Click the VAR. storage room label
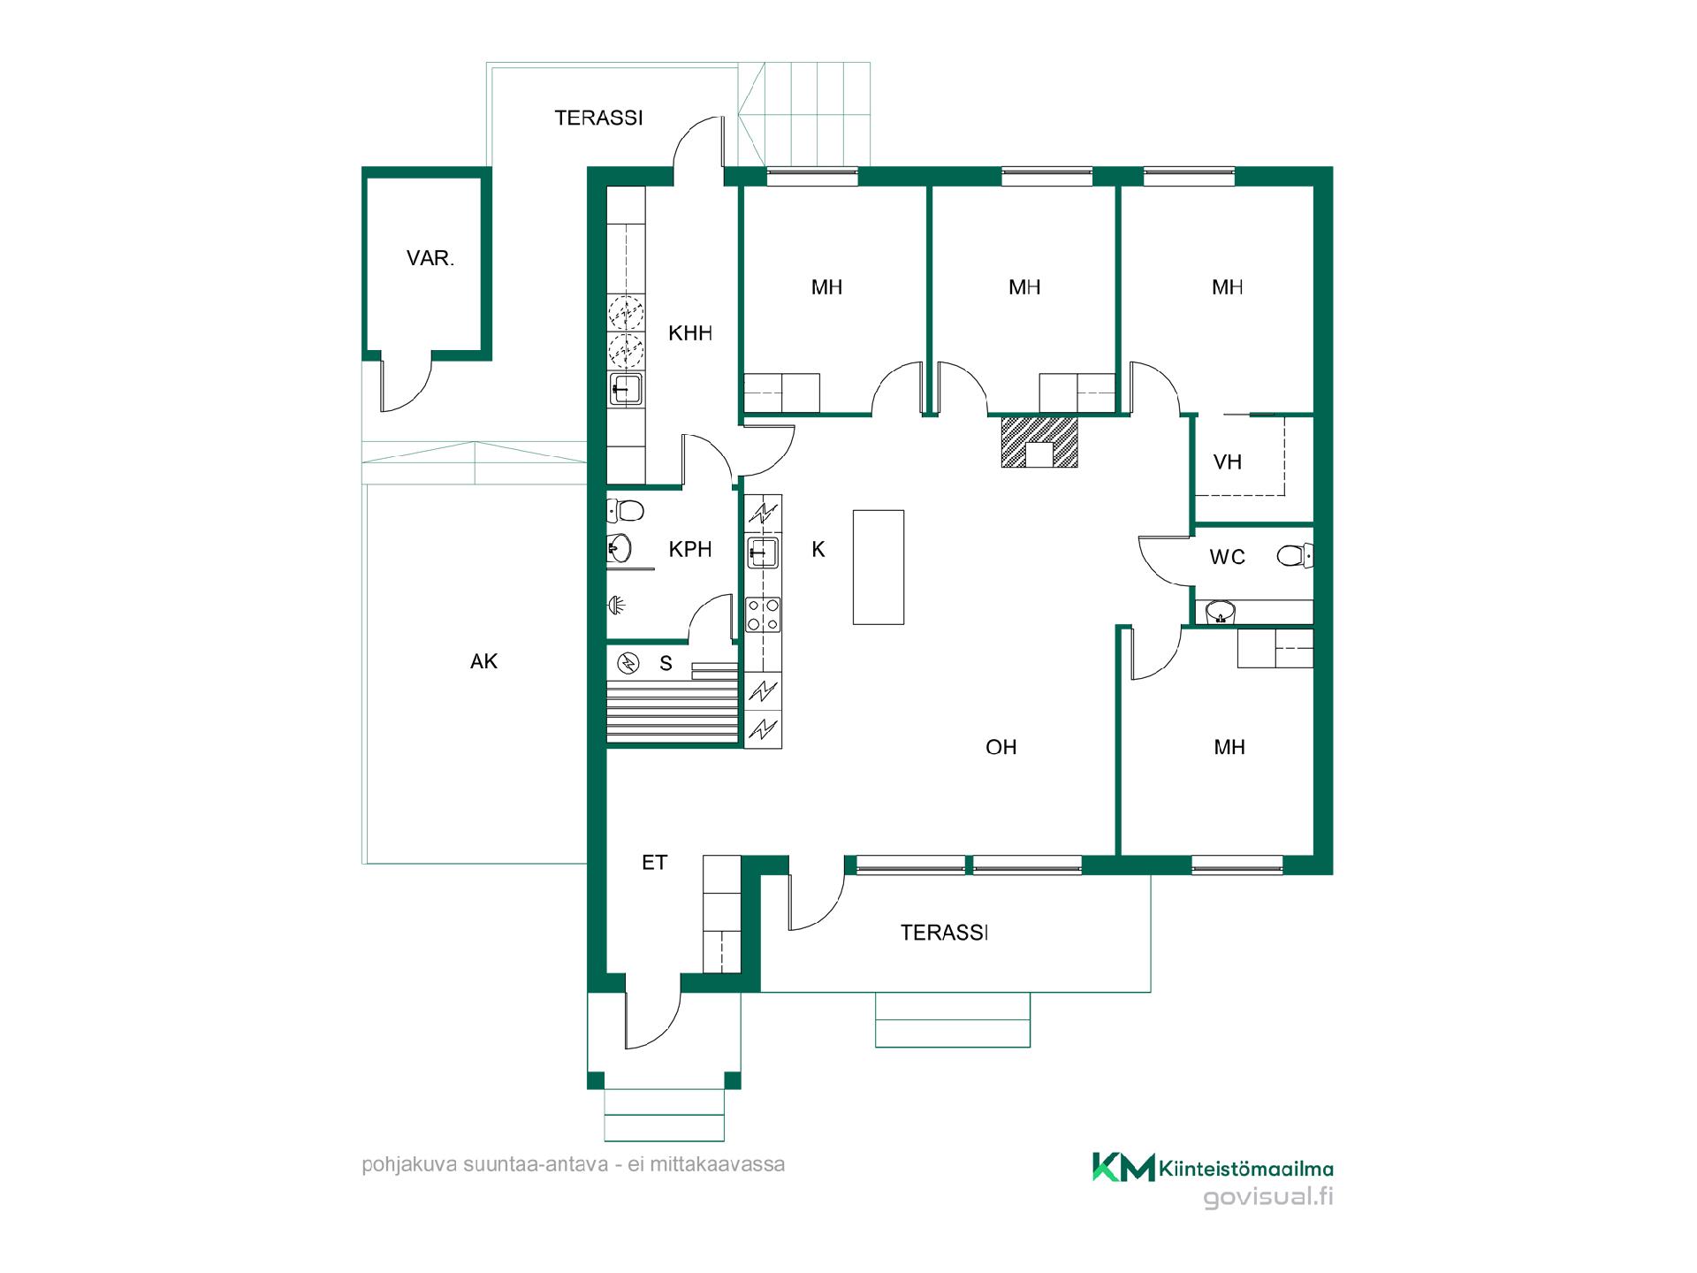point(430,259)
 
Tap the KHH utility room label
point(690,333)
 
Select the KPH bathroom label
point(690,549)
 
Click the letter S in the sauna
point(666,664)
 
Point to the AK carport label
point(483,661)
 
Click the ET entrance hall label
point(654,863)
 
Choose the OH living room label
point(1001,748)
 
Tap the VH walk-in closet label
point(1228,462)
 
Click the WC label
point(1228,557)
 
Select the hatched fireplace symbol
point(1039,441)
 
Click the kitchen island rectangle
point(879,567)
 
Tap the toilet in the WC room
point(1296,556)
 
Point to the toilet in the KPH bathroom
point(625,510)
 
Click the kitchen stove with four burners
point(764,614)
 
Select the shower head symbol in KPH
point(616,606)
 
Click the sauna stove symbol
point(628,663)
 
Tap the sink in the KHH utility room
point(626,389)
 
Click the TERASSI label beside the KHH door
point(598,118)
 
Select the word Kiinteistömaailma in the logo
point(1246,1169)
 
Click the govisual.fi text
point(1268,1198)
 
